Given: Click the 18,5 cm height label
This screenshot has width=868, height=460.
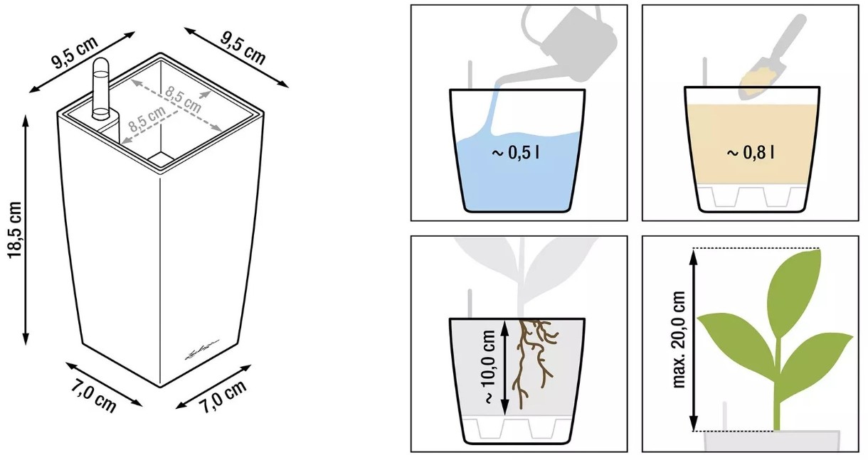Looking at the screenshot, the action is pyautogui.click(x=15, y=230).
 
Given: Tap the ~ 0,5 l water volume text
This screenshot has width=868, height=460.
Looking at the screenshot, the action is pyautogui.click(x=515, y=153).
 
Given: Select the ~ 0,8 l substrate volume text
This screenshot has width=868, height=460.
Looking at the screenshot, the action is pyautogui.click(x=751, y=153).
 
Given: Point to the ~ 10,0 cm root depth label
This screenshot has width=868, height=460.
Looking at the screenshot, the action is pyautogui.click(x=489, y=367).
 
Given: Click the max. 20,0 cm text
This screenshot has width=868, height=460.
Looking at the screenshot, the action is pyautogui.click(x=679, y=340).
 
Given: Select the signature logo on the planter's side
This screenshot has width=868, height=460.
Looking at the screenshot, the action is pyautogui.click(x=201, y=349).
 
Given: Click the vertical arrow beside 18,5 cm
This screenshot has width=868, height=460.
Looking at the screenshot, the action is pyautogui.click(x=26, y=230).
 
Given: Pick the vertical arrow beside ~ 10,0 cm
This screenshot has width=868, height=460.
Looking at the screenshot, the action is pyautogui.click(x=504, y=367).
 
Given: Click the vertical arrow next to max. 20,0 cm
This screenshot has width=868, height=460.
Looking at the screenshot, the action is pyautogui.click(x=694, y=340).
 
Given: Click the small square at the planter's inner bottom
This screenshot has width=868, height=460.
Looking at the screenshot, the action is pyautogui.click(x=162, y=159).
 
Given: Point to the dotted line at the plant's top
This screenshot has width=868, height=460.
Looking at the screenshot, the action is pyautogui.click(x=756, y=248).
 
